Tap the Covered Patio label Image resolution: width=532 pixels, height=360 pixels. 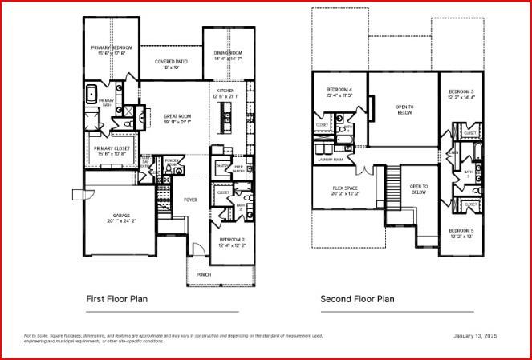tap(170, 62)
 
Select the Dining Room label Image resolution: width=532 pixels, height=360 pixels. tap(228, 53)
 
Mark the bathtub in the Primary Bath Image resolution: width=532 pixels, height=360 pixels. tap(91, 90)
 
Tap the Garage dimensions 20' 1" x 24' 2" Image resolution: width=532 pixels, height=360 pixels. tap(123, 220)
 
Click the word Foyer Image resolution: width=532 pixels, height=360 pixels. tap(190, 200)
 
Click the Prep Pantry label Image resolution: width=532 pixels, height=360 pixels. tap(238, 168)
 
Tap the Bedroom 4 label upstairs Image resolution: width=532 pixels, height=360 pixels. tap(339, 89)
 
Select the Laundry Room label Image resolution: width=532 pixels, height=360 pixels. tap(331, 160)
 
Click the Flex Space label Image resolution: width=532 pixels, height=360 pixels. tap(345, 188)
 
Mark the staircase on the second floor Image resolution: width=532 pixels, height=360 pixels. tap(393, 186)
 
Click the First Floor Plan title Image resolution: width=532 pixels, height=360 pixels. tap(116, 299)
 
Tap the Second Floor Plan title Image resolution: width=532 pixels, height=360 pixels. tap(357, 299)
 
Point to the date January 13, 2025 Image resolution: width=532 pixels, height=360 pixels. tap(476, 336)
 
